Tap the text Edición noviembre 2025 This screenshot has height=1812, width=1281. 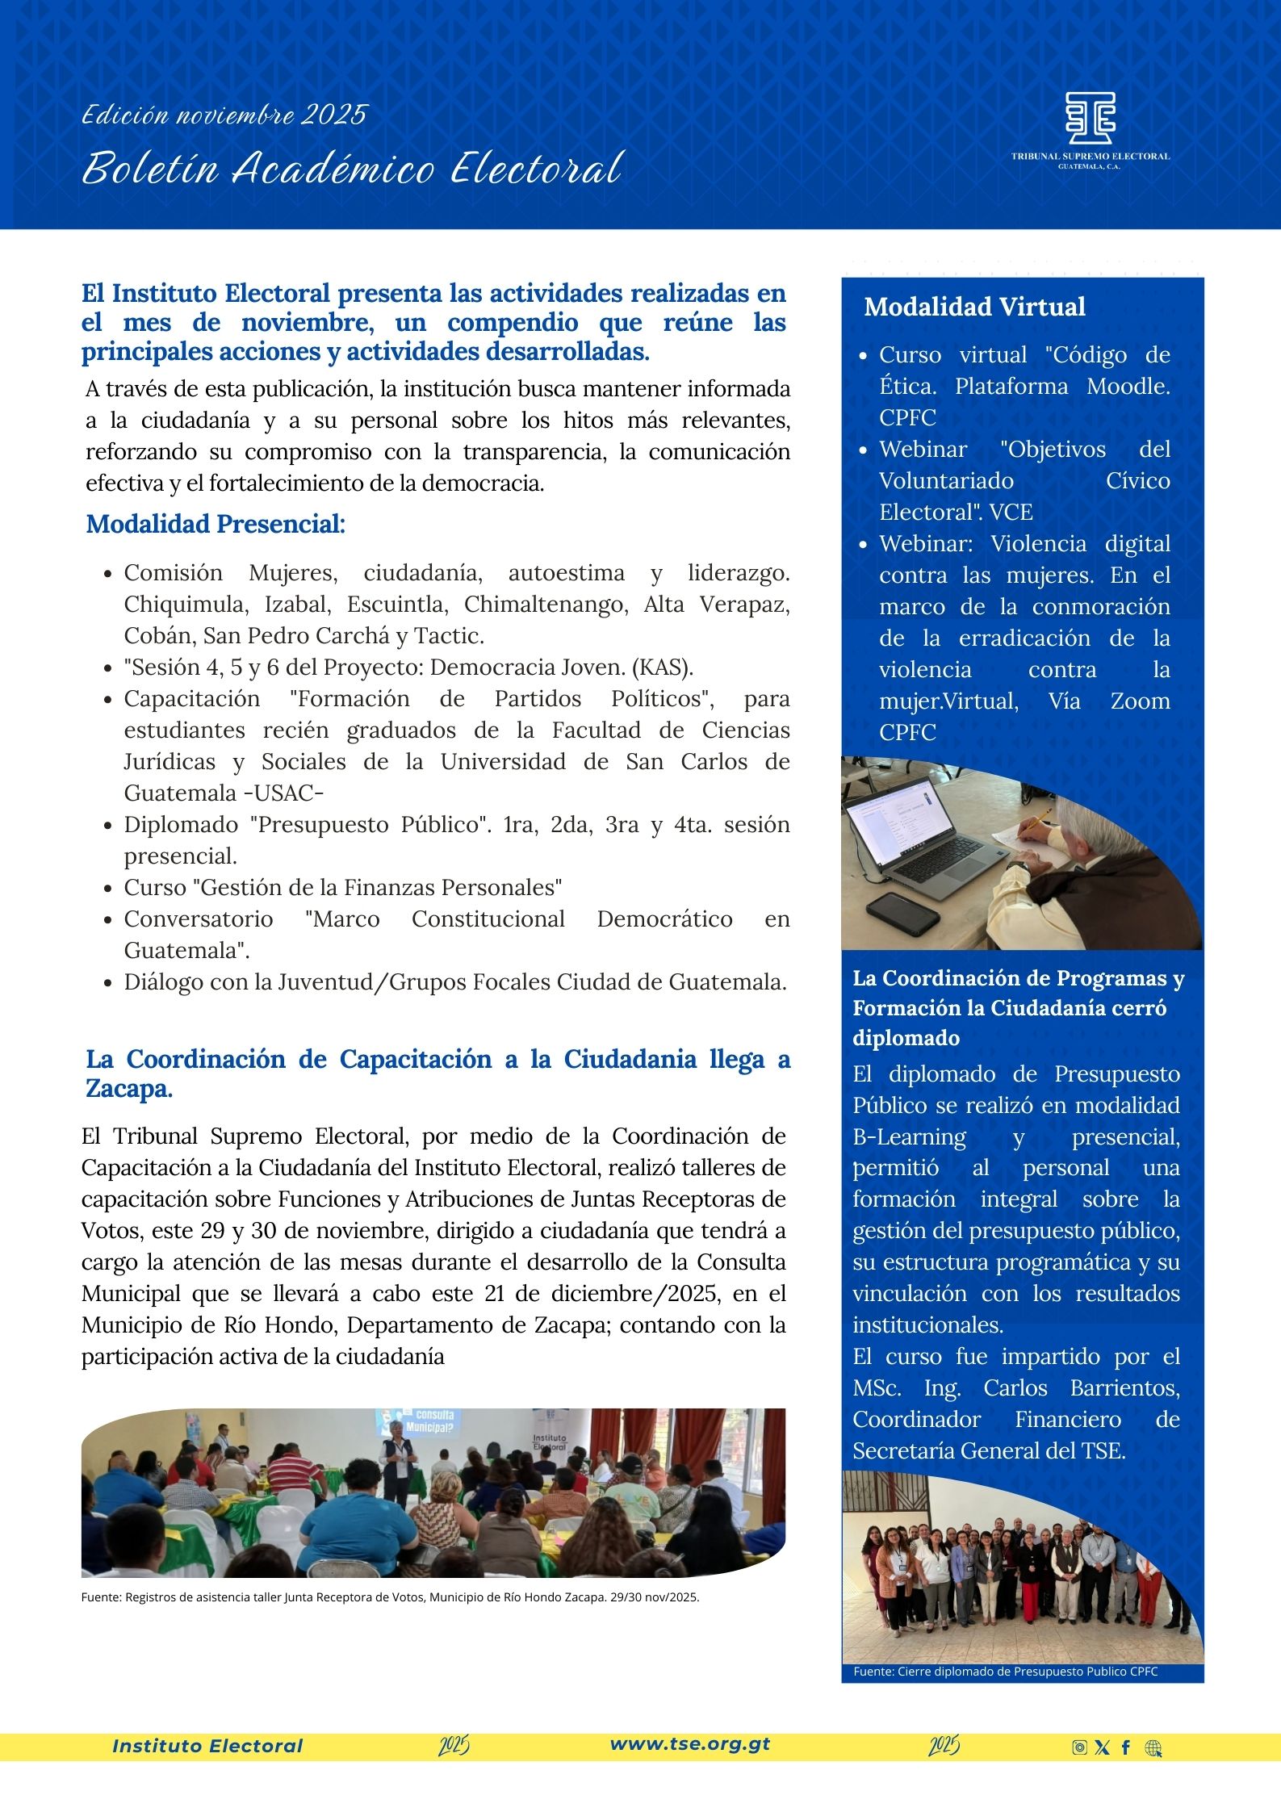[x=224, y=115]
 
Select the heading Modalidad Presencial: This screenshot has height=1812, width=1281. [x=216, y=524]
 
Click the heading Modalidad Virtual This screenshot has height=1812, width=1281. [x=974, y=307]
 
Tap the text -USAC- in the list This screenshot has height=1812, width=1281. [x=283, y=793]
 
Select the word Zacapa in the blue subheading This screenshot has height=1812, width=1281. [x=128, y=1089]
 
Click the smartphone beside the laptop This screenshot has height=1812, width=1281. [x=902, y=913]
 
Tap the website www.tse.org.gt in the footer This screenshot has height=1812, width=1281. [x=690, y=1744]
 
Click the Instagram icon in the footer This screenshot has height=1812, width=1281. [x=1079, y=1748]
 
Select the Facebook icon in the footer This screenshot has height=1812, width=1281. [x=1126, y=1748]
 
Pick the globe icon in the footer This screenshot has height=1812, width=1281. [x=1153, y=1748]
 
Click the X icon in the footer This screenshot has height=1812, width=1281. [x=1102, y=1748]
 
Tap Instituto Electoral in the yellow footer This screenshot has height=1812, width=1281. [x=207, y=1747]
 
